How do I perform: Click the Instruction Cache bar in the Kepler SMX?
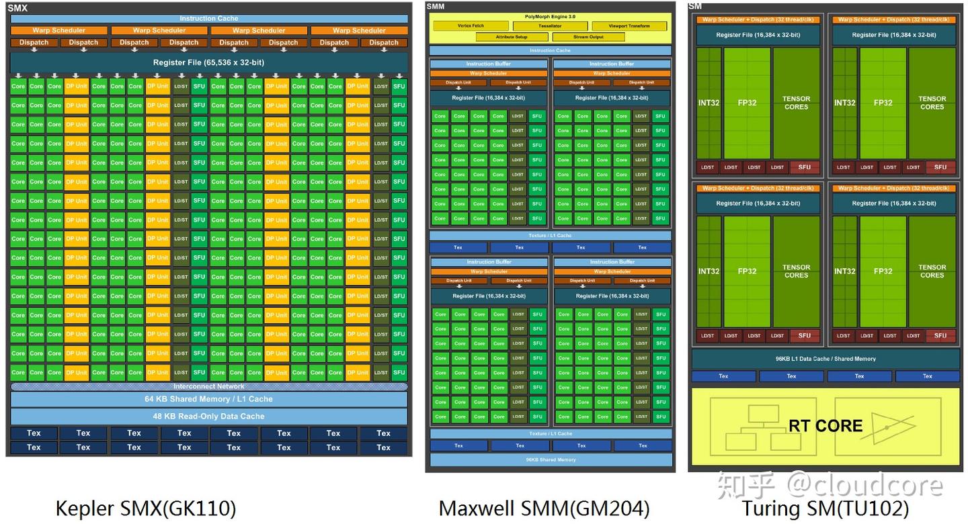pos(209,19)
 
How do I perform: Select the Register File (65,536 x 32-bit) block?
pos(209,62)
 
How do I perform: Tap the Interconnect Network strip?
pos(209,387)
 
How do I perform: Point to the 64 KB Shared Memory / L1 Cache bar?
pos(209,399)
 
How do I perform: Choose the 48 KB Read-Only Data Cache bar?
pos(209,417)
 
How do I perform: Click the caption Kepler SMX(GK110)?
pos(146,508)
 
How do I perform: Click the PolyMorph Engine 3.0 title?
pos(550,16)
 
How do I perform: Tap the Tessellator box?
pos(550,26)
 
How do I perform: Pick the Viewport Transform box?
pos(629,26)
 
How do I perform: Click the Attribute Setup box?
pos(512,37)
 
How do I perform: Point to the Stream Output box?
pos(588,37)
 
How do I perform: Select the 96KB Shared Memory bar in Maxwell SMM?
pos(551,460)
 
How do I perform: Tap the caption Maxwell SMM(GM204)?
pos(544,508)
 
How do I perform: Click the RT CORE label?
pos(825,426)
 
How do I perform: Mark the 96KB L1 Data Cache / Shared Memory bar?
pos(825,359)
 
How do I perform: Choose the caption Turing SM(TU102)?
pos(825,508)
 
